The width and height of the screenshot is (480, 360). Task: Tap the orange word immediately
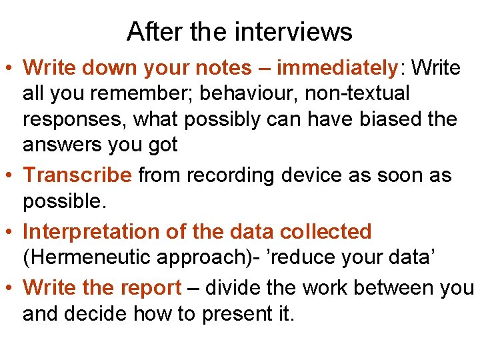[x=337, y=67]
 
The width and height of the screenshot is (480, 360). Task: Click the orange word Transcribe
[x=77, y=175]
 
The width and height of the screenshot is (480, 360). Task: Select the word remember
[x=118, y=93]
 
